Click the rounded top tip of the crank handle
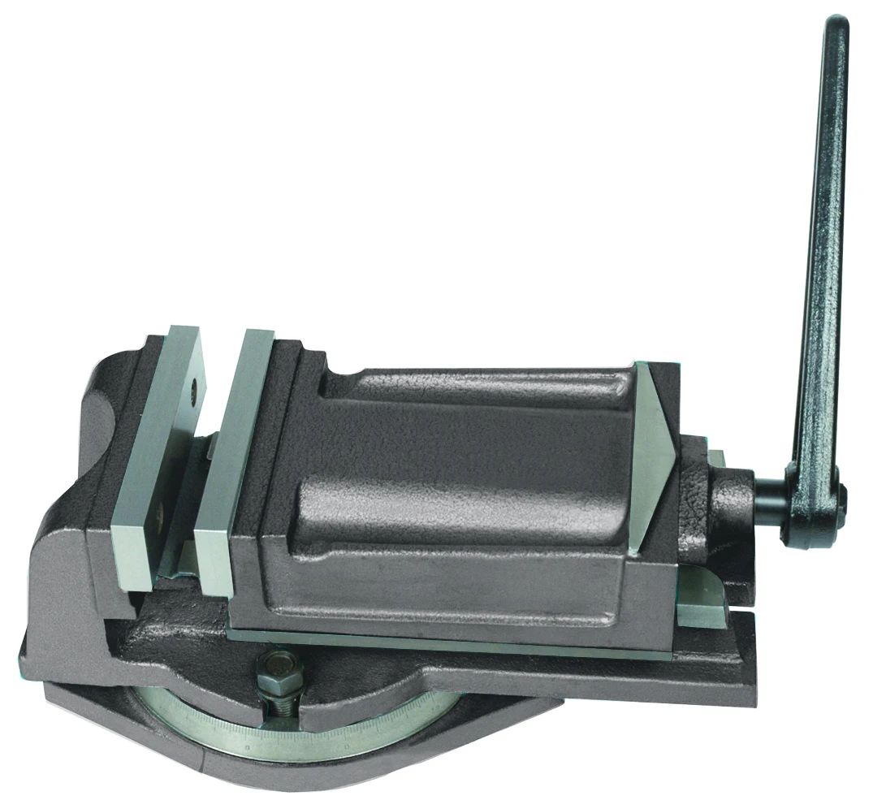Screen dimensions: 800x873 click(x=836, y=24)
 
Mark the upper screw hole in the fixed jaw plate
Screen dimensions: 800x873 click(x=194, y=391)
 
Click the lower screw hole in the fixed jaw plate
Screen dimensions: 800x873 click(x=159, y=511)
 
